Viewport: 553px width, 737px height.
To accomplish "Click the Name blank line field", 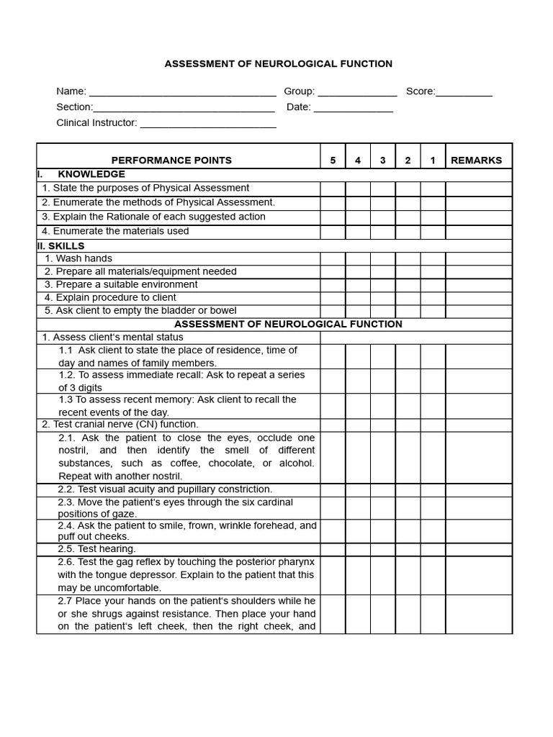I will pos(182,92).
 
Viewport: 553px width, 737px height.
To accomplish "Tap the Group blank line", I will pos(357,92).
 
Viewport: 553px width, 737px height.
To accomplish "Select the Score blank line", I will pos(464,92).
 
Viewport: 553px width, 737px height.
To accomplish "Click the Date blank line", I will pos(354,108).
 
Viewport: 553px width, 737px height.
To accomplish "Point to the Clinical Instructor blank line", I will pos(208,124).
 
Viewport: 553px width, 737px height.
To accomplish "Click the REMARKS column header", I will pos(476,160).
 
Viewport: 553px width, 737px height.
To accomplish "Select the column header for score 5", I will pos(333,160).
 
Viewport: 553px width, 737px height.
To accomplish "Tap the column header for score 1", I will pos(433,160).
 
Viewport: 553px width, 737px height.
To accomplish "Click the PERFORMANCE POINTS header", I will pos(171,160).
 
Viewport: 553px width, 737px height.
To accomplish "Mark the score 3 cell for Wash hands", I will pos(383,259).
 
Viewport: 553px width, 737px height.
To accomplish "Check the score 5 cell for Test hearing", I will pos(333,549).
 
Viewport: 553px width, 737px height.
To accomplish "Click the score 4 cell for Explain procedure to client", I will pos(358,298).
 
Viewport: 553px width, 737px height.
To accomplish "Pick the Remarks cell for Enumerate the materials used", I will pos(479,232).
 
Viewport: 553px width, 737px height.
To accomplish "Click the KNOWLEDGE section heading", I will pos(91,174).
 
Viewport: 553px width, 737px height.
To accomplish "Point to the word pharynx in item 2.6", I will pos(298,561).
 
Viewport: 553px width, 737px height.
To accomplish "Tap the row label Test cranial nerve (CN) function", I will pos(120,425).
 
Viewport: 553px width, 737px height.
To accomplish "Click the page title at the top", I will pos(278,64).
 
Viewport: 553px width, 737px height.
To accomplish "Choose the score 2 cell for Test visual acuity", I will pos(408,489).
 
